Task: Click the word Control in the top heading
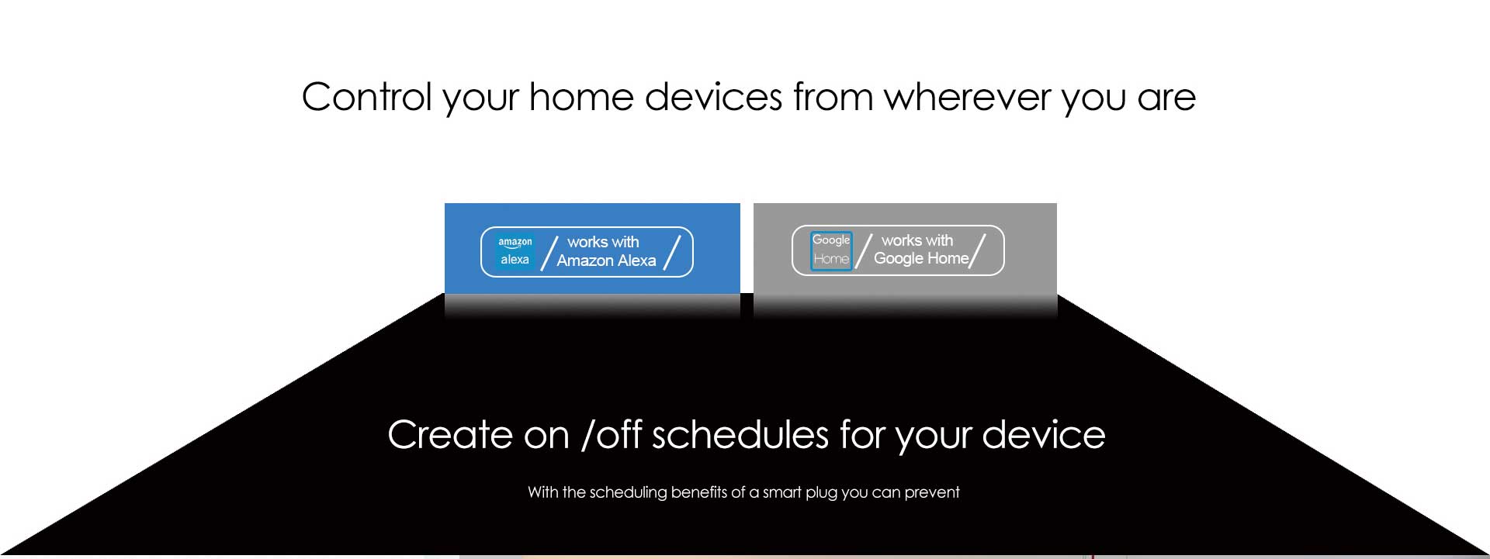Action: coord(366,97)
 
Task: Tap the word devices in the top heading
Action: coord(713,97)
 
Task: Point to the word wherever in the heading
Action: coord(966,97)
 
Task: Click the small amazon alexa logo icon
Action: coord(515,251)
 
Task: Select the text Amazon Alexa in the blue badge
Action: coord(606,261)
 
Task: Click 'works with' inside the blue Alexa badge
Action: coord(603,242)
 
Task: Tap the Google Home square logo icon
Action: coord(831,250)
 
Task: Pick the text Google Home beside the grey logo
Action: coord(921,259)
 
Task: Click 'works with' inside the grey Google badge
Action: coord(917,240)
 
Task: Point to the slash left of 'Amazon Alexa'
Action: coord(549,253)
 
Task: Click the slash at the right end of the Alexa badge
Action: coord(672,253)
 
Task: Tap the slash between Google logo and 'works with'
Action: coord(864,251)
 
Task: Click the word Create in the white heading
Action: coord(450,435)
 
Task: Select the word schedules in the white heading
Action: coord(740,435)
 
